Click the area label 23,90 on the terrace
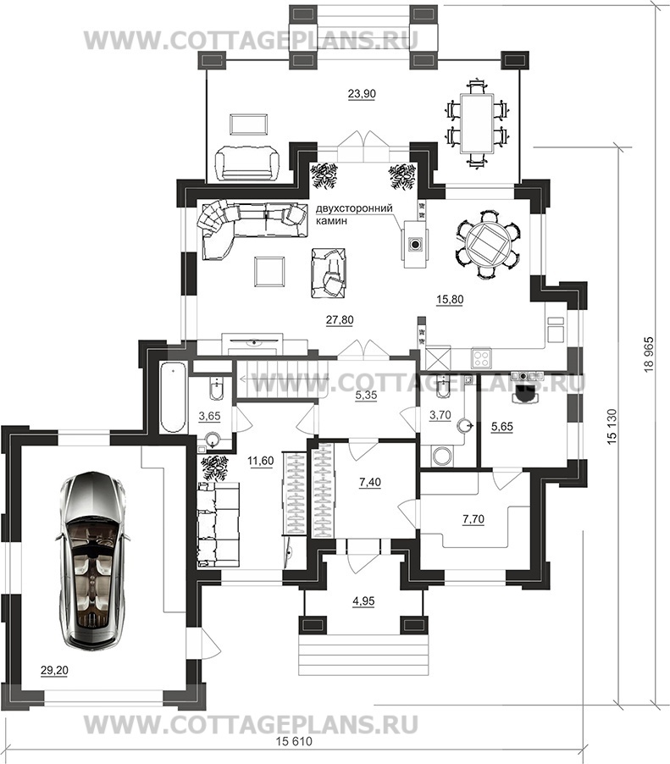362,93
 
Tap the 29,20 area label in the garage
54,671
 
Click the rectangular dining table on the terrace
476,124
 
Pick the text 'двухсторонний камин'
354,215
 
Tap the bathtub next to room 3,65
173,397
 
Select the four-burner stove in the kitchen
481,358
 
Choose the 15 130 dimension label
612,426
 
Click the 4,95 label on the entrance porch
363,601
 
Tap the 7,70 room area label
473,519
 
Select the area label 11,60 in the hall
261,461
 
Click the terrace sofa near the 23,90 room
246,163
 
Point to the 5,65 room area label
502,427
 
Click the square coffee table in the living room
269,272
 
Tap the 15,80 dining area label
449,300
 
